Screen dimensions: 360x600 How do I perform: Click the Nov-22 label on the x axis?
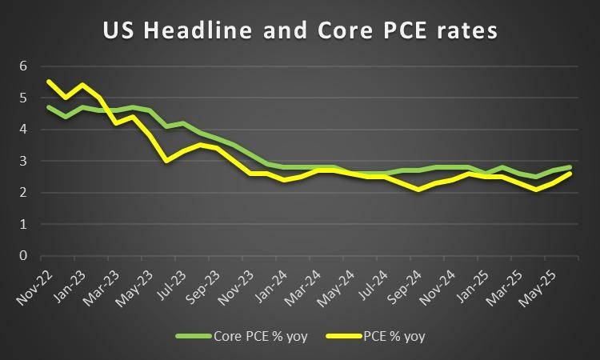pyautogui.click(x=34, y=286)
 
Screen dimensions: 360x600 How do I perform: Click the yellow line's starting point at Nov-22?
pyautogui.click(x=50, y=82)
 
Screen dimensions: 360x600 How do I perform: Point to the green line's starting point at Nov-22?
pyautogui.click(x=50, y=107)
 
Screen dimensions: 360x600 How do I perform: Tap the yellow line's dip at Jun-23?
pyautogui.click(x=166, y=161)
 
